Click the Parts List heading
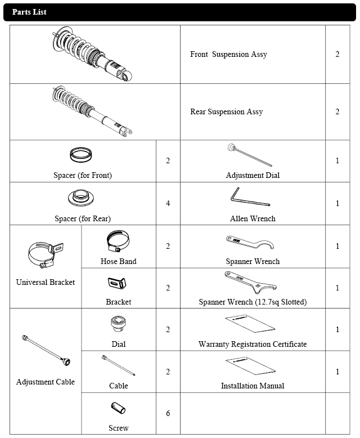[x=29, y=12]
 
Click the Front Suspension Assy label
[x=228, y=55]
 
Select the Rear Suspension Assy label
[x=226, y=112]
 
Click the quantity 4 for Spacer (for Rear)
[x=168, y=203]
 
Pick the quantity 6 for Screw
[x=168, y=414]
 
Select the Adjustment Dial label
[x=253, y=175]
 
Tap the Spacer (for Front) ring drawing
[x=82, y=154]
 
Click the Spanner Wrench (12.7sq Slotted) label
[x=253, y=302]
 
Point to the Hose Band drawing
[x=118, y=242]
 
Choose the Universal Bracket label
[x=46, y=282]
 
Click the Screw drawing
[x=118, y=409]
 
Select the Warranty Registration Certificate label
[x=253, y=344]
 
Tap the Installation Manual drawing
[x=251, y=365]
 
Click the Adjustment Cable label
[x=46, y=382]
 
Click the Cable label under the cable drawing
[x=118, y=386]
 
